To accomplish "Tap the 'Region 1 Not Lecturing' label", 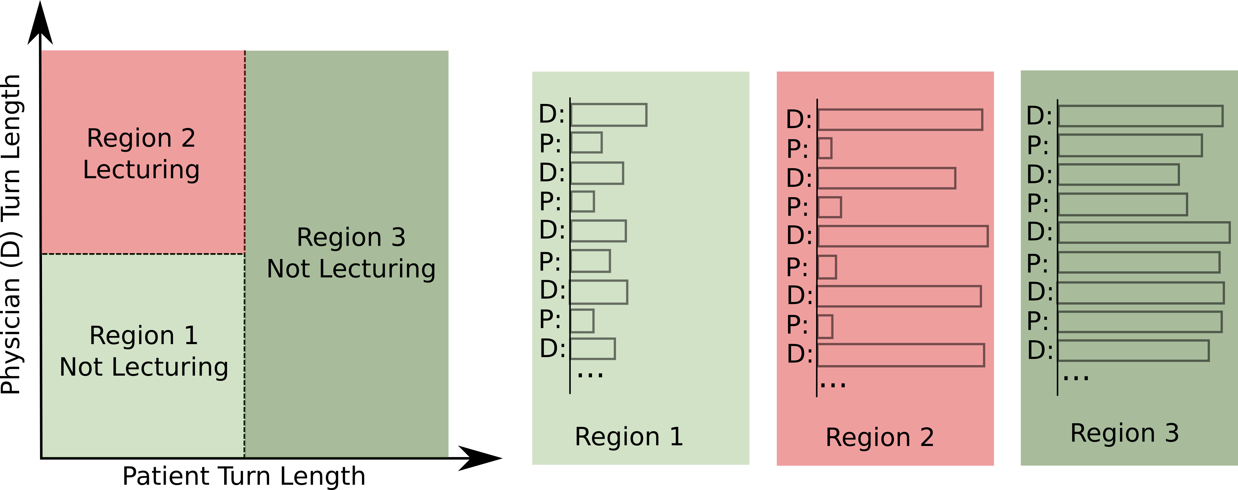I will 144,351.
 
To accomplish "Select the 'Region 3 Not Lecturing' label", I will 351,253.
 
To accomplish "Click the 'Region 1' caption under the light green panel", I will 629,437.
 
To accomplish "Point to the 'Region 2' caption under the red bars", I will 880,438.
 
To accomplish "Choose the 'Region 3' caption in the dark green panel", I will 1125,433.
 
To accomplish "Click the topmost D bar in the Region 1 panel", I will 609,115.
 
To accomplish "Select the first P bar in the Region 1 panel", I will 587,143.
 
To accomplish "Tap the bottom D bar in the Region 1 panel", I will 593,349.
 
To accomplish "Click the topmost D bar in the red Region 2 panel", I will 900,120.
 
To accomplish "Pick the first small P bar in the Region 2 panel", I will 825,149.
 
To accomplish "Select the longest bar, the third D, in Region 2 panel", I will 902,236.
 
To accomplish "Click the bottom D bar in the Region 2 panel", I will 900,355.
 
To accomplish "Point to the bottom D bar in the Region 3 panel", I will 1133,351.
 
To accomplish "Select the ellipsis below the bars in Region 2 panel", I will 833,384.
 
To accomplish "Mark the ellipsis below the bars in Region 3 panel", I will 1075,378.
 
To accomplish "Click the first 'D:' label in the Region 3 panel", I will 1039,116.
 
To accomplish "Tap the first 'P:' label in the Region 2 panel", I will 797,149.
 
